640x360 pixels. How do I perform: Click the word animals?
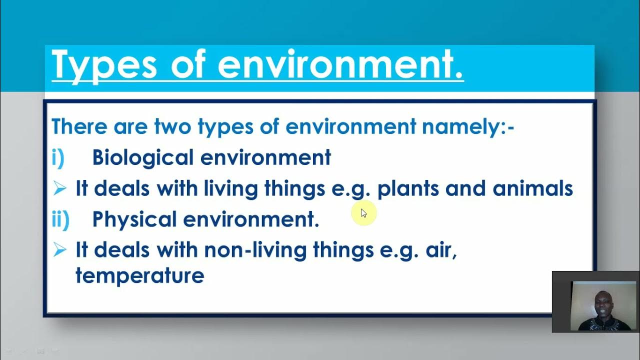[532, 188]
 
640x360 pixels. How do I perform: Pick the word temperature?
[139, 275]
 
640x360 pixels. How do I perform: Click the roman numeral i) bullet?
[58, 157]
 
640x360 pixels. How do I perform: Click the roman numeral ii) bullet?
[60, 219]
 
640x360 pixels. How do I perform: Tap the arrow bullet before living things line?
[59, 188]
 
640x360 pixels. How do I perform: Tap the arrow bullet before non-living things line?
[59, 249]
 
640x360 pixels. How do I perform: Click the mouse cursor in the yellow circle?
[363, 213]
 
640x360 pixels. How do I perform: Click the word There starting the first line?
[79, 126]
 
